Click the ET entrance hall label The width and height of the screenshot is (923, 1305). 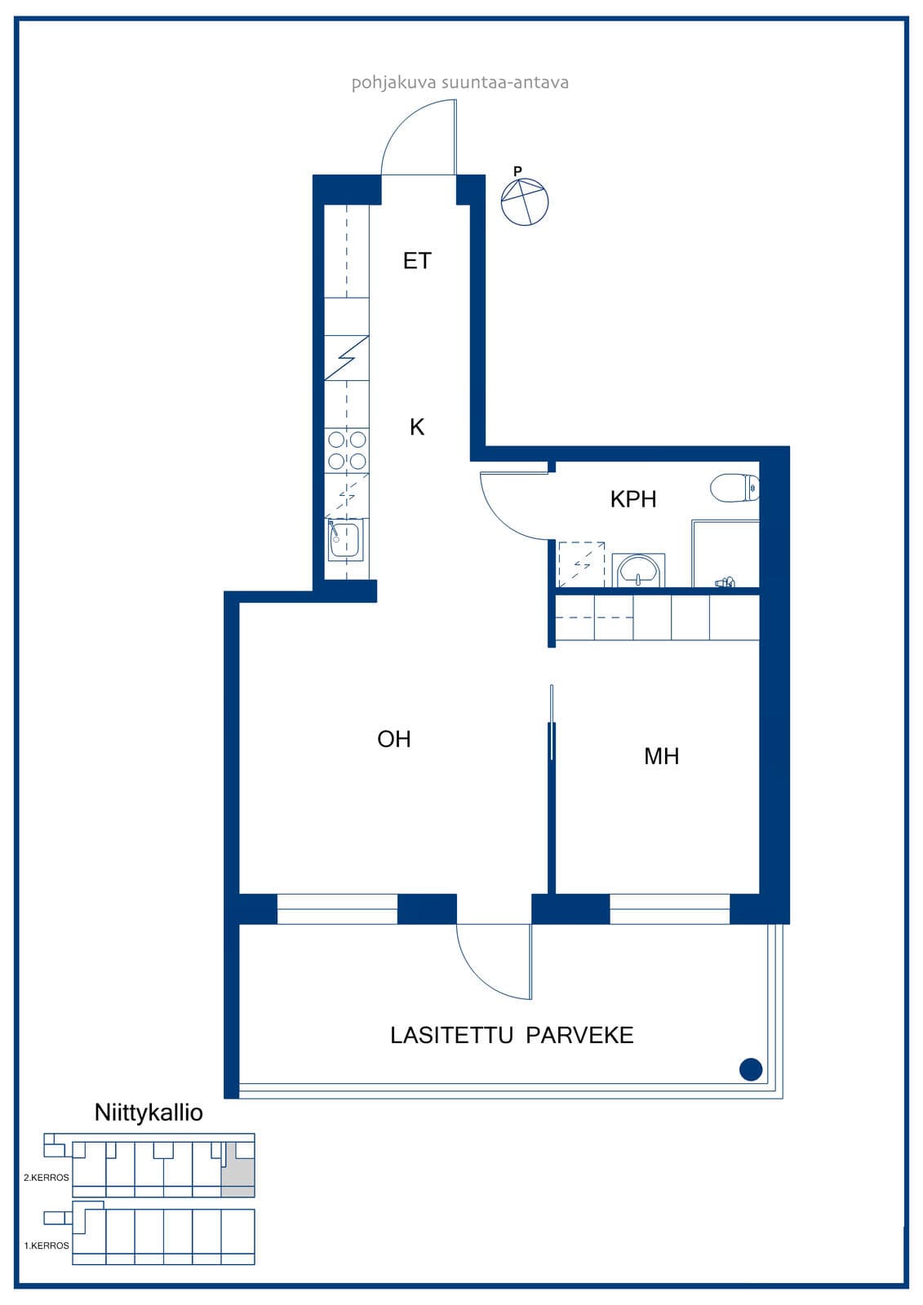click(417, 260)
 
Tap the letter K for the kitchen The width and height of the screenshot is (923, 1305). click(417, 427)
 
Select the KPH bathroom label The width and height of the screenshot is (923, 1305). click(633, 498)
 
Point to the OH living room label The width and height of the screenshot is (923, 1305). click(394, 739)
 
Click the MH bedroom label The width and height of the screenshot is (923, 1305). click(661, 755)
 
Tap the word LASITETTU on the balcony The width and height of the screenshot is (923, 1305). click(451, 1035)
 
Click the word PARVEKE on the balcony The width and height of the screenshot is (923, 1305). click(579, 1035)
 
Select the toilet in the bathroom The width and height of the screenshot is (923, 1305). click(734, 488)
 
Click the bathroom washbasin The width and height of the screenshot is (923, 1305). click(638, 570)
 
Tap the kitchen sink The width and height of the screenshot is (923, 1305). click(345, 539)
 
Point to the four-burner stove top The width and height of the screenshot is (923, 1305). click(347, 449)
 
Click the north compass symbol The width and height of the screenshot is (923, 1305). click(525, 201)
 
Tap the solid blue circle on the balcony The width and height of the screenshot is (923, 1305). click(751, 1069)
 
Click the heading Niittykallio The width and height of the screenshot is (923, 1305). click(149, 1113)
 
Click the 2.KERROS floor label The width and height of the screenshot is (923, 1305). click(47, 1178)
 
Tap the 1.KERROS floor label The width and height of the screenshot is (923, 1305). click(47, 1245)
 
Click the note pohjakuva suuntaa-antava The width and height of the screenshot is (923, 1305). click(460, 82)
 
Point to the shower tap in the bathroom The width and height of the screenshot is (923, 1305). click(725, 582)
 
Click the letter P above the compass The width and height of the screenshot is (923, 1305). click(517, 171)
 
